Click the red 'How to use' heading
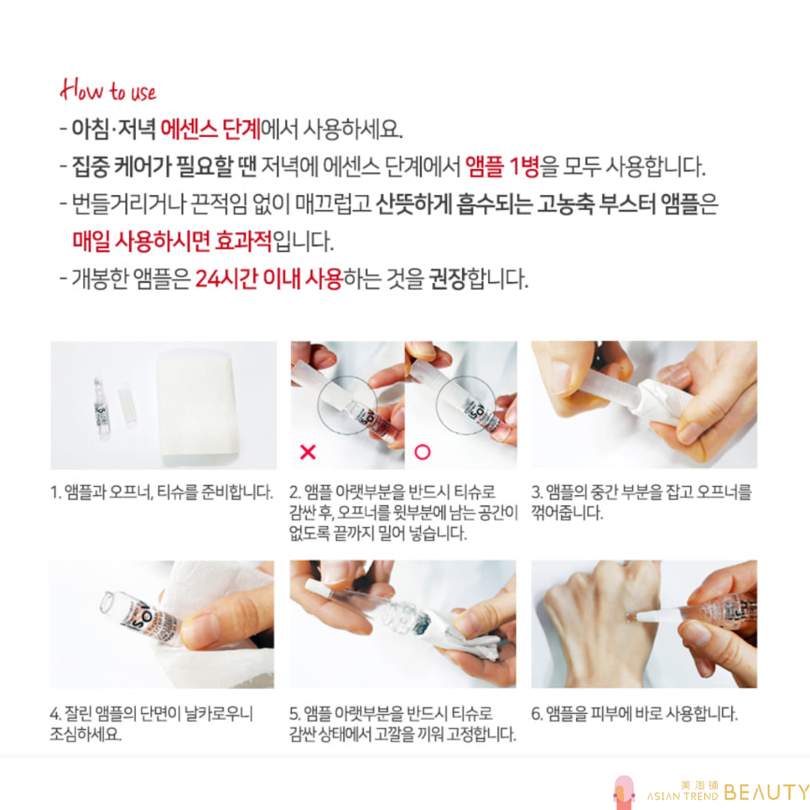(108, 91)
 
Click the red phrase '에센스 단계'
(210, 129)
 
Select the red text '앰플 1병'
(502, 166)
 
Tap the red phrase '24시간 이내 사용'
(269, 279)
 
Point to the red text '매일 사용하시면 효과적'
(172, 241)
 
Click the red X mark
(308, 452)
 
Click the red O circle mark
(422, 452)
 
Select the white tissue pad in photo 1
(198, 403)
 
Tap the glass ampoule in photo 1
(102, 409)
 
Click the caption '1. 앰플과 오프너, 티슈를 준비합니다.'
(162, 492)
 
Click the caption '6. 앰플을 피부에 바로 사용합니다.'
(634, 714)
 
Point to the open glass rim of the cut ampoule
(107, 602)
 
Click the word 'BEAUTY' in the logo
(766, 792)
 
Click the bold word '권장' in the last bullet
(447, 279)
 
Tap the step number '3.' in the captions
(537, 492)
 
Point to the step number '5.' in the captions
(295, 714)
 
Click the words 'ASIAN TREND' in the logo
(682, 796)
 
